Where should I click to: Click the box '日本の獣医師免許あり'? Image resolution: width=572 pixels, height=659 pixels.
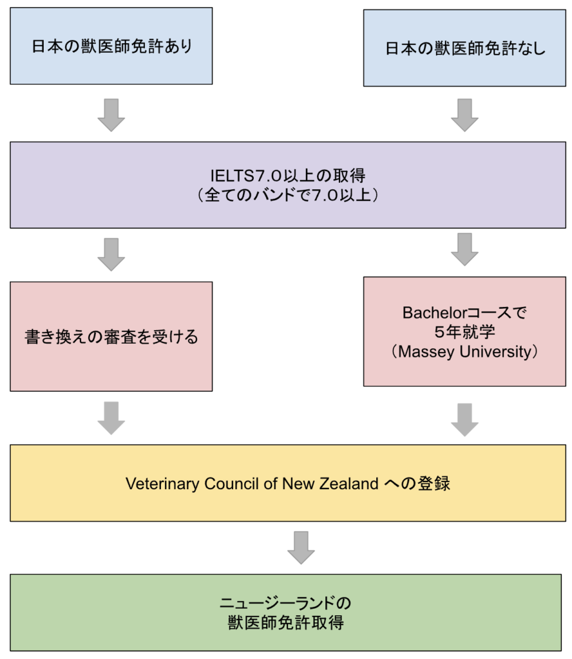tap(111, 46)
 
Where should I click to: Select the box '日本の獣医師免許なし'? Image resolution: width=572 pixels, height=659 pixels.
tap(464, 48)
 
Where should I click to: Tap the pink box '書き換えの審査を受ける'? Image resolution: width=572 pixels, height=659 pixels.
tap(111, 336)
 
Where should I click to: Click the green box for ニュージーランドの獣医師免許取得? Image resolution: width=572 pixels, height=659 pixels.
tap(285, 613)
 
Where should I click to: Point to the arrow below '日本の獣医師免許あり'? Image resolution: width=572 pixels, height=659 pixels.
tap(111, 115)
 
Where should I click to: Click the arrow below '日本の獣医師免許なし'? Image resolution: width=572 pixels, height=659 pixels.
tap(464, 115)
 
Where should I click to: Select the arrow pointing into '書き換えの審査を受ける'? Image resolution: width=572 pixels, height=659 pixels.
tap(111, 254)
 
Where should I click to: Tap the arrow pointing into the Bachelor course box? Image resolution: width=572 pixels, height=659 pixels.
tap(464, 249)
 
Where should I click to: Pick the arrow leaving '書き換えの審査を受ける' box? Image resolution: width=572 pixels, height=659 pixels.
tap(111, 418)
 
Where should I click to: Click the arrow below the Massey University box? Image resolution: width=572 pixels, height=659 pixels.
tap(464, 419)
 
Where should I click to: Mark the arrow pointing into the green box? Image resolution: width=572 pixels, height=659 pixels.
tap(300, 547)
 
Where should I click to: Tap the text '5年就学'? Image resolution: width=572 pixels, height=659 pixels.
tap(464, 332)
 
